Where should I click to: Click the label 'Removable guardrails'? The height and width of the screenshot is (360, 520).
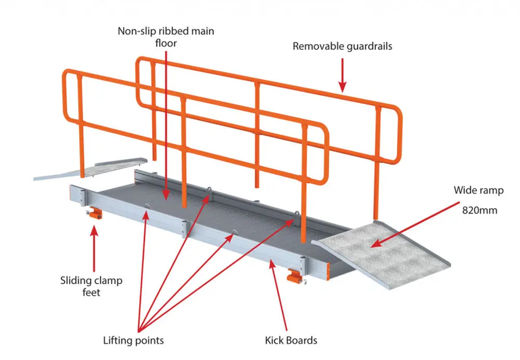click(342, 46)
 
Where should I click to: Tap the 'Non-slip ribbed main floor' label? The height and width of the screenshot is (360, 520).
click(166, 37)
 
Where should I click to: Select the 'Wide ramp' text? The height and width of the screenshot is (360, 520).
click(478, 190)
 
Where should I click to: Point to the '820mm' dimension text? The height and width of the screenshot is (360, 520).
click(478, 210)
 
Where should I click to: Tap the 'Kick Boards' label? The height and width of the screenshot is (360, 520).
click(291, 341)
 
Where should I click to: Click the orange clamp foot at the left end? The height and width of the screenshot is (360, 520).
click(94, 213)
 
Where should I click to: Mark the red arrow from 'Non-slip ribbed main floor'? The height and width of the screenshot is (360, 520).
click(166, 125)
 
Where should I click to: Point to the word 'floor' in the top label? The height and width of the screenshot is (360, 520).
click(166, 43)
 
